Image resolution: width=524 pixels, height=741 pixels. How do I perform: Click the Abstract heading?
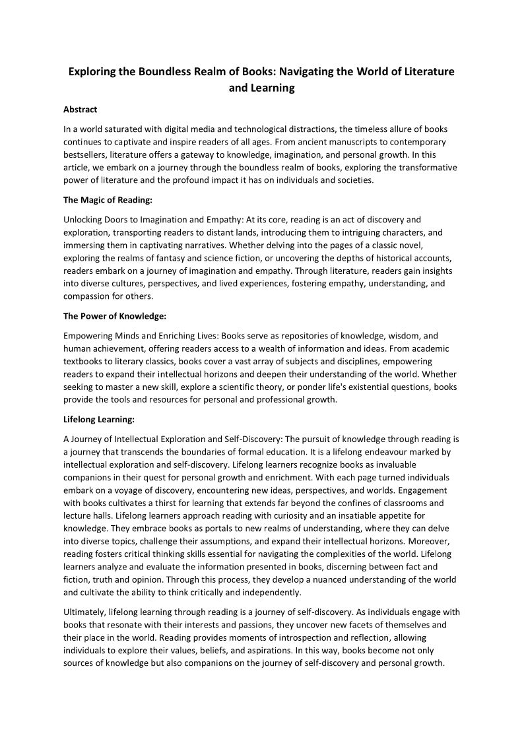pos(81,110)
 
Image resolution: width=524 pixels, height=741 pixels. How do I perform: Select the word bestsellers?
pos(86,154)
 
